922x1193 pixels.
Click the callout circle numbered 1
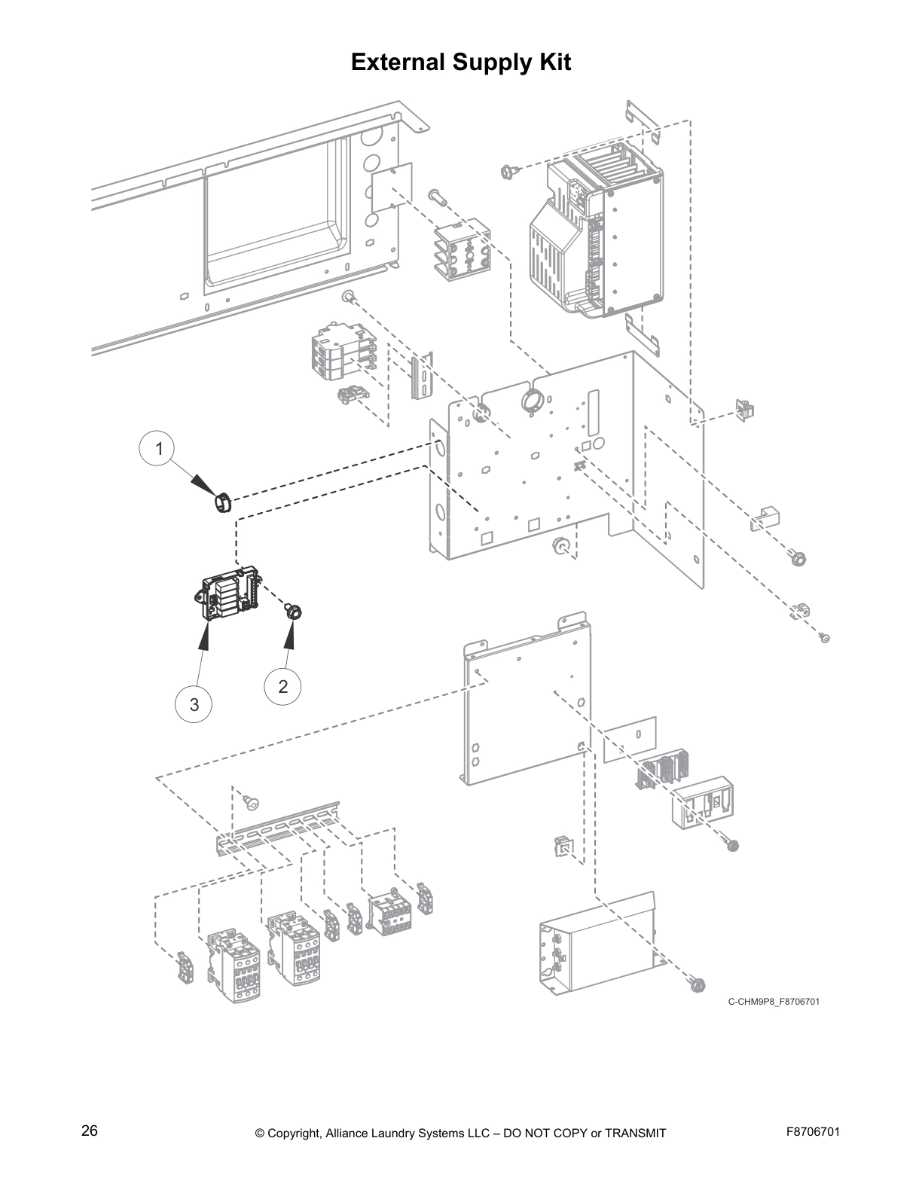158,450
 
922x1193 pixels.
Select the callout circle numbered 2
283,686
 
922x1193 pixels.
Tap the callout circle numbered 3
194,704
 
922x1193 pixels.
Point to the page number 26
90,1131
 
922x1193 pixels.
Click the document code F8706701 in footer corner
807,1132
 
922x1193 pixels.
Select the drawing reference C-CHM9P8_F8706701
774,1002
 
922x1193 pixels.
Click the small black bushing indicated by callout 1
222,502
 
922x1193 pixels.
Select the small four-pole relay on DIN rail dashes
389,914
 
